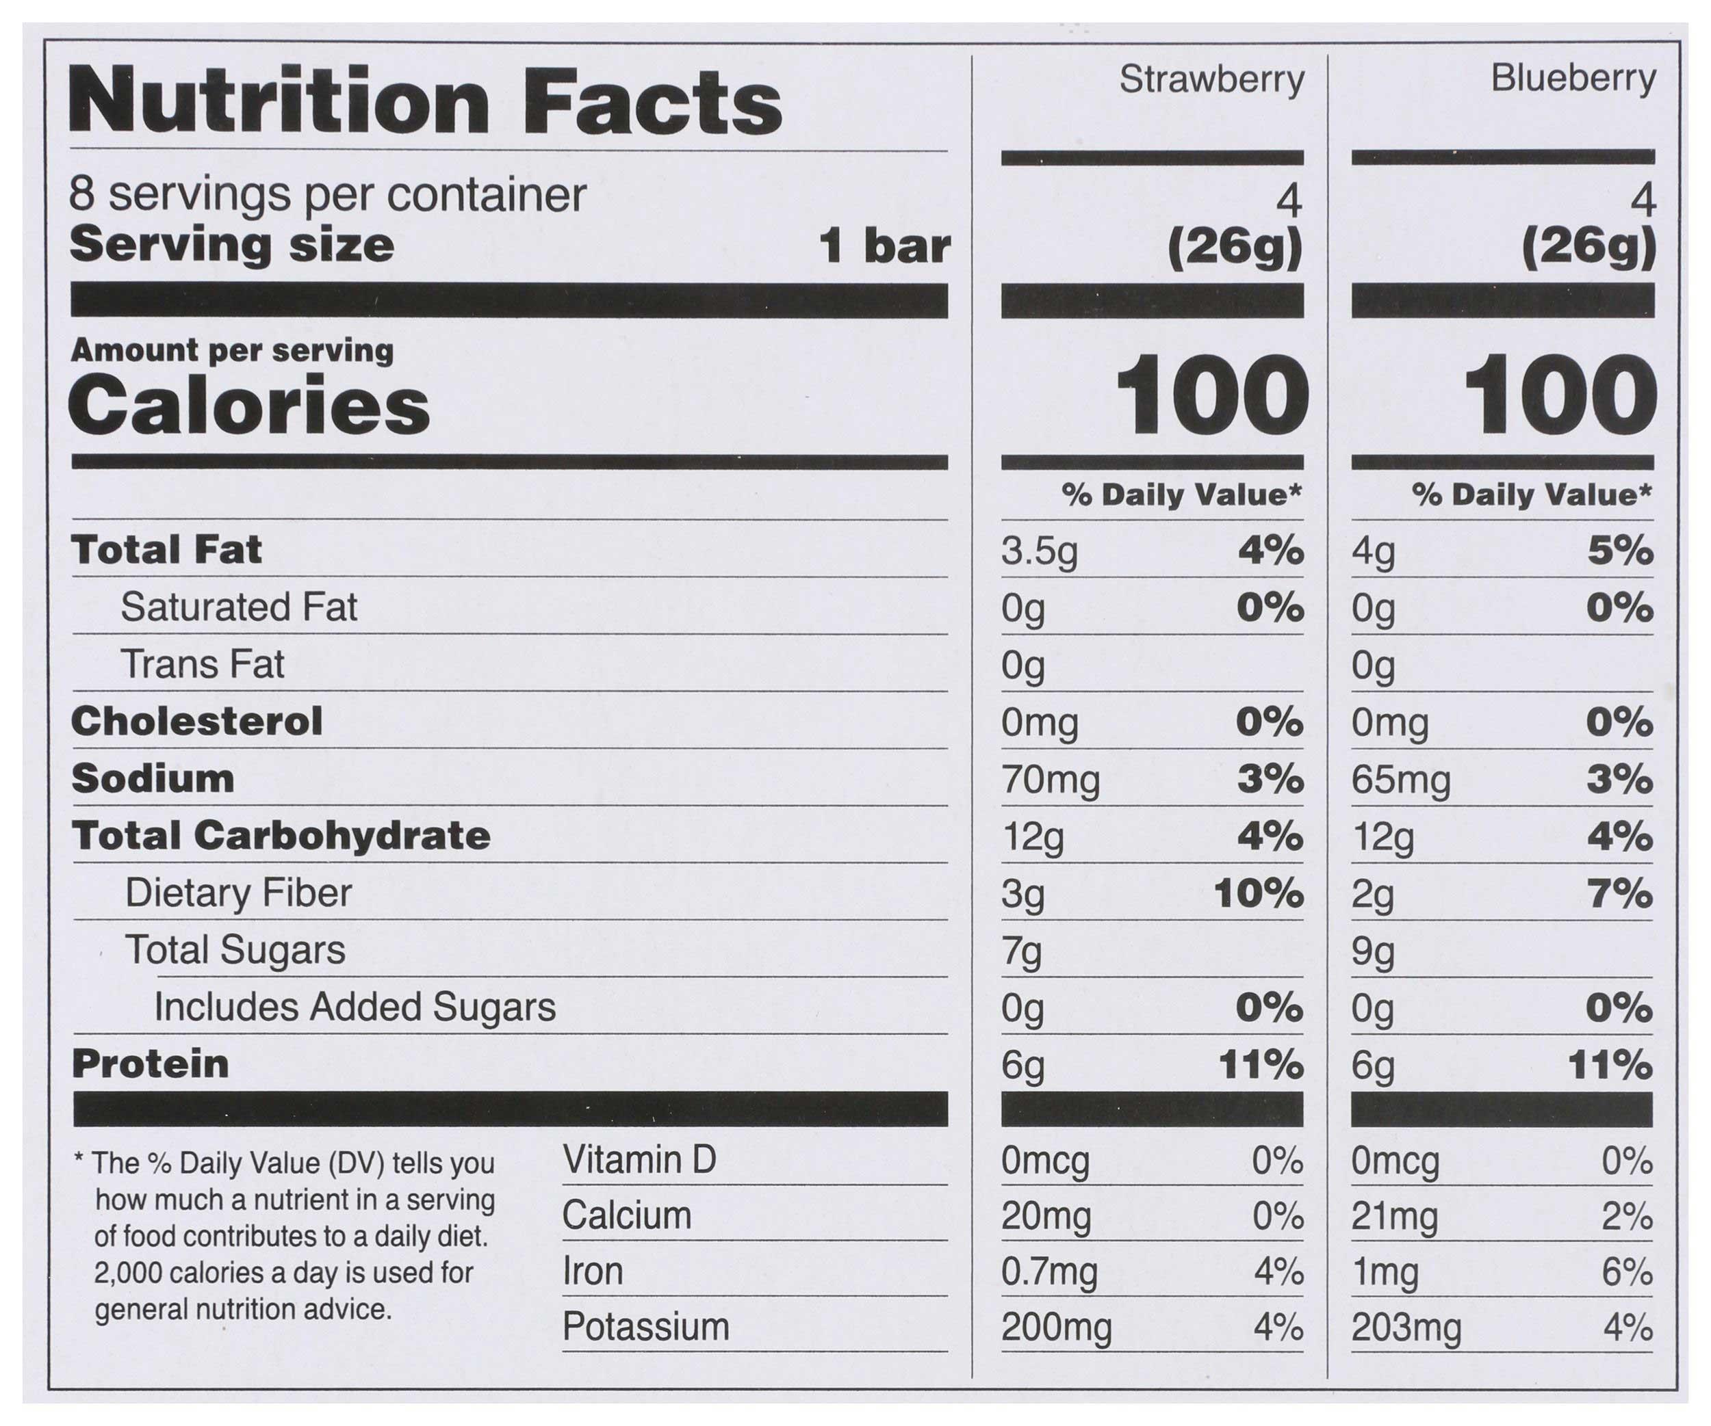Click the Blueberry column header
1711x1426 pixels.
[1573, 80]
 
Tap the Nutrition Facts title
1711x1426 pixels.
[424, 103]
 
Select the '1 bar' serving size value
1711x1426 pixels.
[884, 246]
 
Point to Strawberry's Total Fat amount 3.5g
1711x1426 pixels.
[1039, 551]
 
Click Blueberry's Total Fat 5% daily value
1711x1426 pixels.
[1620, 551]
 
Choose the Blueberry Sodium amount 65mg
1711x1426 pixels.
[1400, 780]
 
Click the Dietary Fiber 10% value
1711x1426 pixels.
[1258, 894]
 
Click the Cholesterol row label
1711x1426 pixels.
[197, 722]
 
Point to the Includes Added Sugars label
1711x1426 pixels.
[355, 1007]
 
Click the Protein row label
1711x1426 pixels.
[151, 1064]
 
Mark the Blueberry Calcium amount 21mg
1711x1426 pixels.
[1394, 1217]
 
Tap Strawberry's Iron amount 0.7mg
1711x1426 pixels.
[1049, 1272]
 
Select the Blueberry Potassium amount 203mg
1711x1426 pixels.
[1406, 1328]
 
